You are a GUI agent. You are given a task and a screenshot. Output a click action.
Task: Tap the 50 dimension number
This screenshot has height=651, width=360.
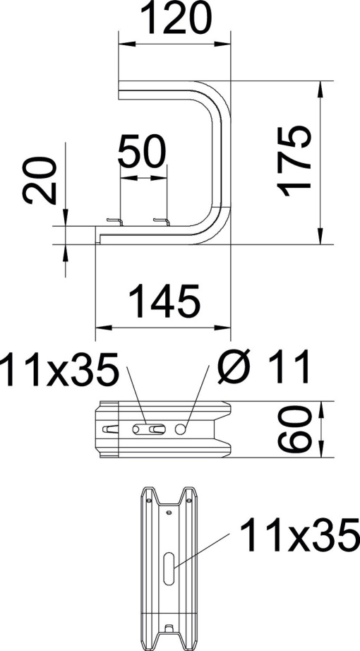point(143,150)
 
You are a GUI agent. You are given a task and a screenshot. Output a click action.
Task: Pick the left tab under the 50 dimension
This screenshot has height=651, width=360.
point(114,222)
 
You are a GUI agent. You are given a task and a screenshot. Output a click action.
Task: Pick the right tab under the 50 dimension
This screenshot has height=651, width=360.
point(162,222)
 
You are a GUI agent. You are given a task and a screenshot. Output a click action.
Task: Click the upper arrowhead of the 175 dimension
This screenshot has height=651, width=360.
point(321,89)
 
